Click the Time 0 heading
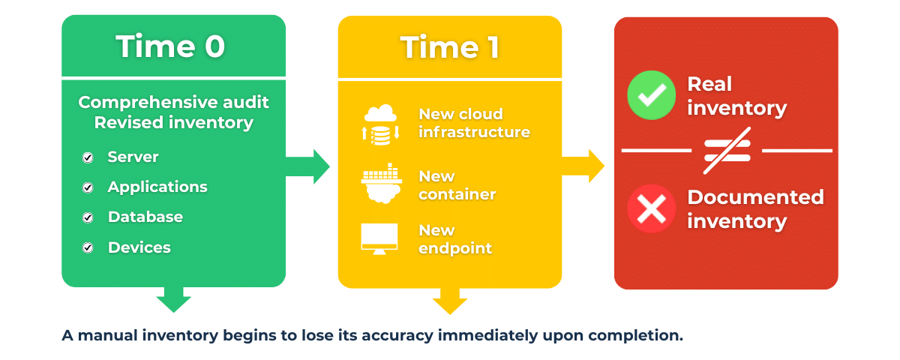click(170, 46)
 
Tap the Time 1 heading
click(449, 47)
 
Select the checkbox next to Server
click(88, 157)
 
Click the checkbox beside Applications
click(88, 187)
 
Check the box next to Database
click(88, 217)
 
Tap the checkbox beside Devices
click(88, 247)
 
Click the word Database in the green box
click(145, 217)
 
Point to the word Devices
click(139, 247)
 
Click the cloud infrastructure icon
click(381, 124)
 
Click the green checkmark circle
click(651, 96)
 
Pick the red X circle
click(651, 208)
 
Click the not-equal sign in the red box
click(726, 151)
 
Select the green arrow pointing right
click(311, 166)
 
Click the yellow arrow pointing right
click(587, 166)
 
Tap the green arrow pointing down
click(173, 300)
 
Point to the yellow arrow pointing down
click(449, 301)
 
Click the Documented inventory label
click(755, 209)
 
